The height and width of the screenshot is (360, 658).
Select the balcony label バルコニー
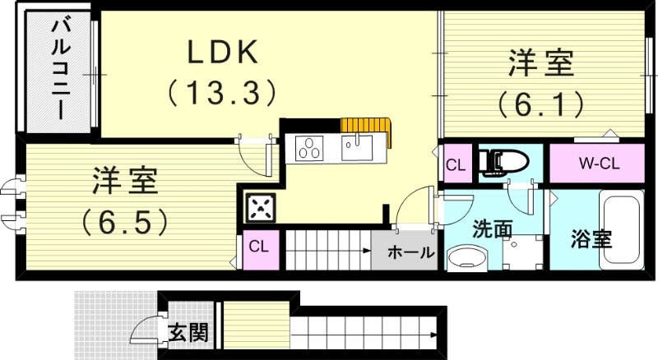click(x=60, y=70)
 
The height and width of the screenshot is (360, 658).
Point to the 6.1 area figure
click(x=540, y=104)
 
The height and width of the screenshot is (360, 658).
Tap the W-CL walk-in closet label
click(x=597, y=164)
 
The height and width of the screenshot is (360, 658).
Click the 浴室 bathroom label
click(x=591, y=240)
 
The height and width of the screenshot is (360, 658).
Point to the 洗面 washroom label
click(x=492, y=229)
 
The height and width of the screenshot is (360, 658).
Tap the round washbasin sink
click(x=470, y=259)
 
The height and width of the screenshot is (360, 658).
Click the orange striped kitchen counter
click(x=367, y=125)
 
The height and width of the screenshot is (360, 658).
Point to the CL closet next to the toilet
click(x=456, y=164)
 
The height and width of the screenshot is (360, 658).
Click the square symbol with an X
click(x=260, y=207)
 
